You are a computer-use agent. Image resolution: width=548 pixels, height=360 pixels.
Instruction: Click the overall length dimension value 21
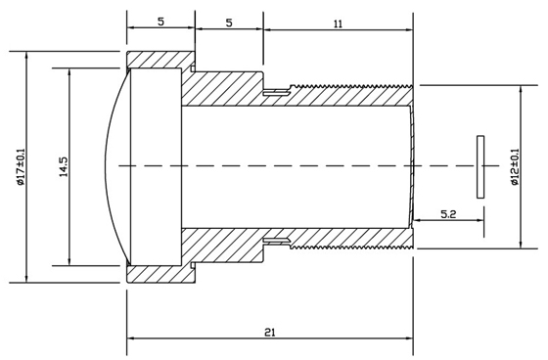(x=269, y=332)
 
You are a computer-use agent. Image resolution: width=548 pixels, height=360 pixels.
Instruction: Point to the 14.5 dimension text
(x=63, y=166)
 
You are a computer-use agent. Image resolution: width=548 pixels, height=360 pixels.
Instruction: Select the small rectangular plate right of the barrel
(x=480, y=166)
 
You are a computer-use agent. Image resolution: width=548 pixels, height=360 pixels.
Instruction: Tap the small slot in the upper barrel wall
(x=279, y=93)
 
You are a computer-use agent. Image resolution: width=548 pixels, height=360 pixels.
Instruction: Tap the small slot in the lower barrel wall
(x=279, y=239)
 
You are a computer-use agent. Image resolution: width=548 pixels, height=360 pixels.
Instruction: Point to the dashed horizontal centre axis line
(x=294, y=166)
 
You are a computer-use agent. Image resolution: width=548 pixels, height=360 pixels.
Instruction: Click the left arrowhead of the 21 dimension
(x=132, y=340)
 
